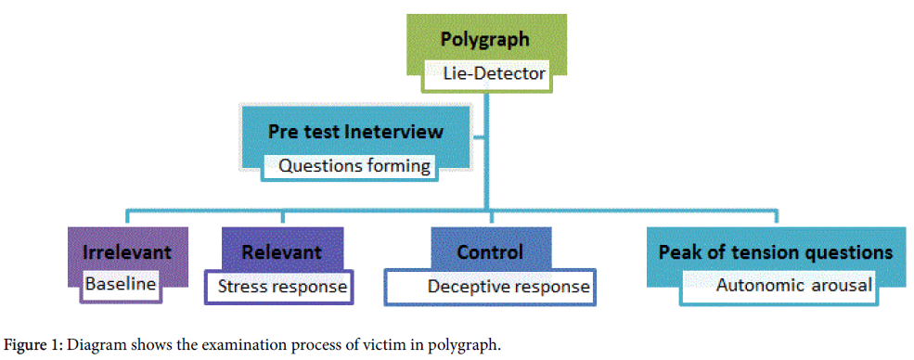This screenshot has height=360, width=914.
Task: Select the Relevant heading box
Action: point(281,251)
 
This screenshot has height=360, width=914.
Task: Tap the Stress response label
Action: point(282,286)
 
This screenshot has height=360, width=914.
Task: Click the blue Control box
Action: point(490,251)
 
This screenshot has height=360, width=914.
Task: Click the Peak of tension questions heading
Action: point(776,251)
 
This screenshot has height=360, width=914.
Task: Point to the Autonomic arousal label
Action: point(793,285)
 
